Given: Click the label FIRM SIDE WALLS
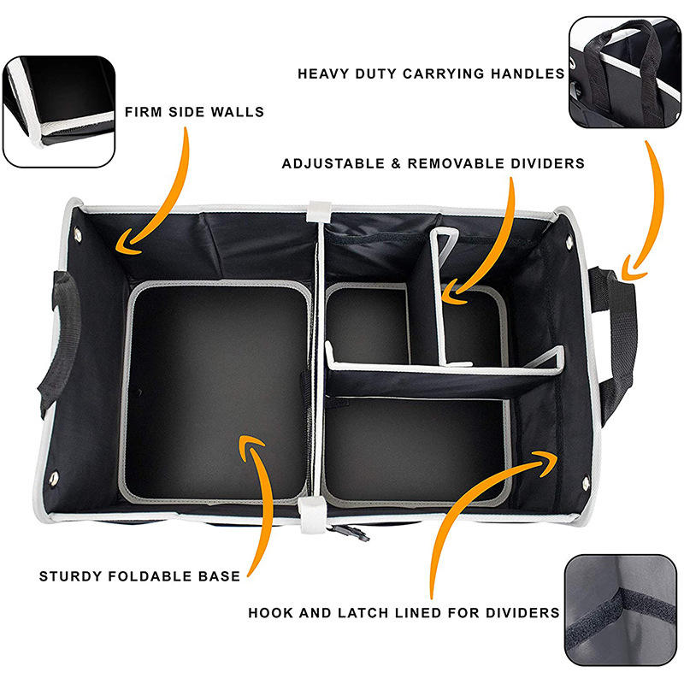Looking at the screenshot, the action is click(194, 111).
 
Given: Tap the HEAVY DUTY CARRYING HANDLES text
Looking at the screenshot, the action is click(431, 74).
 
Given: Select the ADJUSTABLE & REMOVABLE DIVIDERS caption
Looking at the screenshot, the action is click(433, 162).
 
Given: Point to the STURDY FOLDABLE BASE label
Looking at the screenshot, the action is click(139, 575).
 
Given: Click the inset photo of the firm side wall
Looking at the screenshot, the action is click(58, 111).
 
